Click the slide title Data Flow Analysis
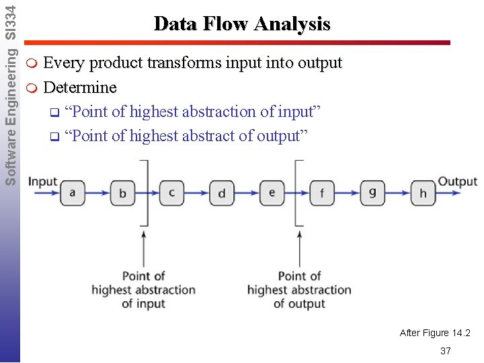[242, 24]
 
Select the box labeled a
[73, 192]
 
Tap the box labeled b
[122, 193]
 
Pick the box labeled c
[172, 192]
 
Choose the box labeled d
[222, 193]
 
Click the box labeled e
[272, 192]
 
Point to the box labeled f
[323, 193]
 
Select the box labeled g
[372, 192]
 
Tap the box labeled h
[423, 193]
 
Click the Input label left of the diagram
[42, 182]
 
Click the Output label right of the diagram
[457, 182]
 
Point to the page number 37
[445, 351]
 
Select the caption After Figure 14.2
[435, 333]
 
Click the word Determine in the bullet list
[80, 87]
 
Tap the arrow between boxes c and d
[197, 193]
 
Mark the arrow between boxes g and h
[398, 193]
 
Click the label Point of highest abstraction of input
[143, 290]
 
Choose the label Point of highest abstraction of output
[299, 290]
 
